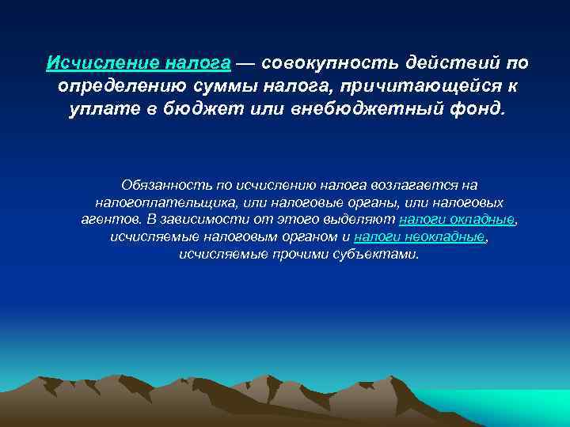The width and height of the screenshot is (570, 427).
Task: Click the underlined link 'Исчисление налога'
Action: pyautogui.click(x=139, y=63)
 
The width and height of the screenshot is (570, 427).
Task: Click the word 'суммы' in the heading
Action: pyautogui.click(x=218, y=85)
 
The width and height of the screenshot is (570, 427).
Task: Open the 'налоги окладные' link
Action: pyautogui.click(x=457, y=220)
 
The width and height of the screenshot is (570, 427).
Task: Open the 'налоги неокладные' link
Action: pyautogui.click(x=420, y=237)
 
